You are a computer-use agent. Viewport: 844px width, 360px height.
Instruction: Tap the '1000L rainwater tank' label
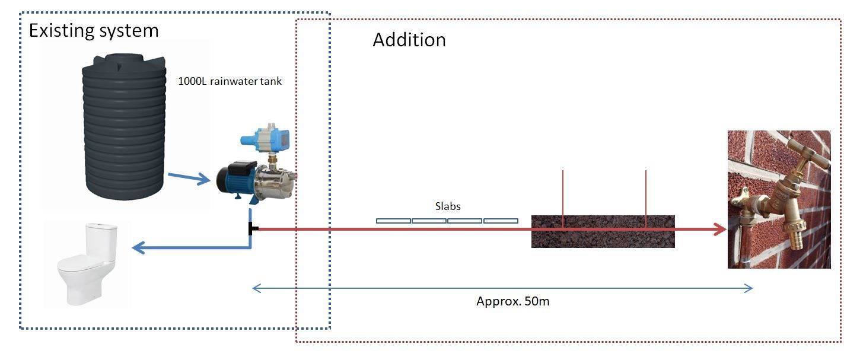(230, 82)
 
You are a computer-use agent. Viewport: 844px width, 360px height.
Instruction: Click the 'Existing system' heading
(94, 30)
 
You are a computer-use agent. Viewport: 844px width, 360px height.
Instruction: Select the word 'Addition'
(409, 40)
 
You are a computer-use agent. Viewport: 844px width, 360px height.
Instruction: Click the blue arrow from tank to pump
(189, 177)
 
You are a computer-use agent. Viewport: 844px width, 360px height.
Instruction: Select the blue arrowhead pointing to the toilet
(138, 247)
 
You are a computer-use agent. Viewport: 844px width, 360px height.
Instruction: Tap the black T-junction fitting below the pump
(253, 228)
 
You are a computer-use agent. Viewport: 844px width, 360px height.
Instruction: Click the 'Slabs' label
(448, 206)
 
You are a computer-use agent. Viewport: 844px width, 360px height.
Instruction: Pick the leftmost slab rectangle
(393, 221)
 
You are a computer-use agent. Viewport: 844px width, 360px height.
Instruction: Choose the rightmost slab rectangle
(501, 221)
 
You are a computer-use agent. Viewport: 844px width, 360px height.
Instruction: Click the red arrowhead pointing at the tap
(719, 229)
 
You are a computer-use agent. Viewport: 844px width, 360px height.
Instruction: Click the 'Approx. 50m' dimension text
(513, 301)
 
